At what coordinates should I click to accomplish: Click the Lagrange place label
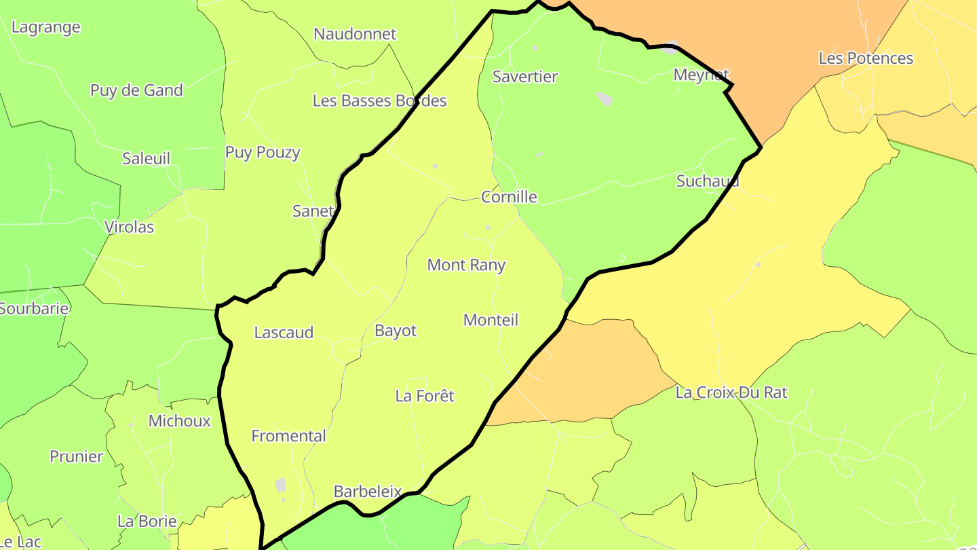pos(46,27)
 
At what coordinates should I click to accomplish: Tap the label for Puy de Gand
pos(136,90)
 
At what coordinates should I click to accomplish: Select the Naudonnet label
pos(355,34)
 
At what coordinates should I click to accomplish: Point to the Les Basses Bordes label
pos(379,101)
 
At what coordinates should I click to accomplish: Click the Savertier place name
pos(525,77)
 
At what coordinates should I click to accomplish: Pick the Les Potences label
pos(866,58)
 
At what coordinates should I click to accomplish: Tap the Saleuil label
pos(146,158)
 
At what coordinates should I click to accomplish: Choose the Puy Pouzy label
pos(263,152)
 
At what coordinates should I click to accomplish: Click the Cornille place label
pos(509,197)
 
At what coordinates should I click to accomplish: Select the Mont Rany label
pos(466,265)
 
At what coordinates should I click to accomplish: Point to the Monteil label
pos(491,320)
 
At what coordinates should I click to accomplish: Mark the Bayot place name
pos(396,331)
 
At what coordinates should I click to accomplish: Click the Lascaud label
pos(284,332)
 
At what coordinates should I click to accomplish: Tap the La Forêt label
pos(425,396)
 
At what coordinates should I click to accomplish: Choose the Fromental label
pos(288,436)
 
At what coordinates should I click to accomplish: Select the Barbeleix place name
pos(368,492)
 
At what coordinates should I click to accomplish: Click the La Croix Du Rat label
pos(731,392)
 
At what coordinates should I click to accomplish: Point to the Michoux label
pos(180,421)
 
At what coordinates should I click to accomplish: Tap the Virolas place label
pos(129,227)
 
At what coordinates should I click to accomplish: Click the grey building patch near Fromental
pos(280,485)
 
